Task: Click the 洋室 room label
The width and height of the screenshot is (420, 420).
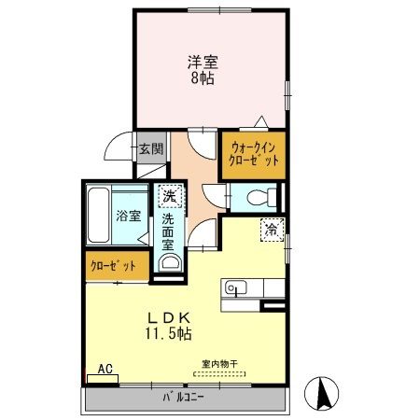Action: click(x=203, y=63)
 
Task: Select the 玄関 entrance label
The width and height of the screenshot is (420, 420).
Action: click(x=151, y=148)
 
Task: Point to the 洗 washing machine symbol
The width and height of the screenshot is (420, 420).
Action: click(x=168, y=196)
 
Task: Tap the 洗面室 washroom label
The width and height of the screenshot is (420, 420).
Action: click(x=168, y=231)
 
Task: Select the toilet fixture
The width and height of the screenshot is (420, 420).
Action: click(x=264, y=197)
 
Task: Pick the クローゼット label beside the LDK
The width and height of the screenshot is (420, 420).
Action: click(x=114, y=266)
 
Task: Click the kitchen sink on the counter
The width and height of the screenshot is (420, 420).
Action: click(x=233, y=287)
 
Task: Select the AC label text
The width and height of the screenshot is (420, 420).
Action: click(x=105, y=370)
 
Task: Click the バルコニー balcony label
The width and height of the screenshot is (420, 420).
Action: click(x=190, y=399)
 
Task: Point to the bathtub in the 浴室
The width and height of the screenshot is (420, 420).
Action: click(x=99, y=217)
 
